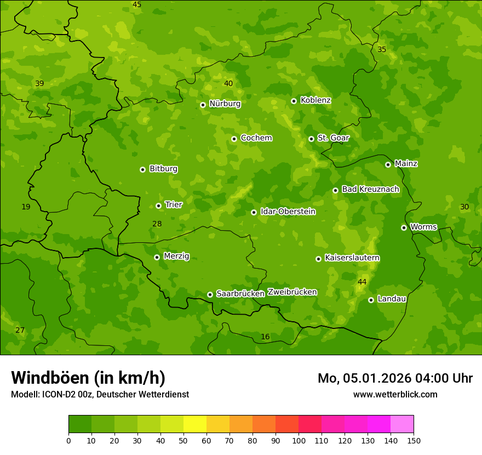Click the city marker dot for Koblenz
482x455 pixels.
pos(294,101)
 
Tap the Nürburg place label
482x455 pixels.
pos(225,104)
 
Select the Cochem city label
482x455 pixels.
pos(256,138)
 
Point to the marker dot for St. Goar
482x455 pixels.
pos(311,139)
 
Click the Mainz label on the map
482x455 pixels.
pos(406,163)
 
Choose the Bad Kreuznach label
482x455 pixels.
pos(370,189)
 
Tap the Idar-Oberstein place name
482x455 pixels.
pos(288,212)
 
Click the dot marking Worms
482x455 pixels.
pos(404,228)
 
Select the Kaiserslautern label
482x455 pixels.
pos(352,258)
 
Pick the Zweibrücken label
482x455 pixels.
pos(292,292)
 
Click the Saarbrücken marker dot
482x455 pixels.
pos(210,294)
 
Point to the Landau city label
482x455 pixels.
pos(392,299)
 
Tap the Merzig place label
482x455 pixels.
pos(176,256)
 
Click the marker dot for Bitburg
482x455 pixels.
pos(143,169)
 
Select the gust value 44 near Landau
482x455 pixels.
pos(362,282)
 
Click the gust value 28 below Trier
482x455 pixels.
pos(157,224)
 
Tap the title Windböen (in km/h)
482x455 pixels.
pos(88,378)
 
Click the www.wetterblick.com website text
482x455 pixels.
pos(395,394)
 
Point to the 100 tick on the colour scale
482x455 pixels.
pos(299,440)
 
